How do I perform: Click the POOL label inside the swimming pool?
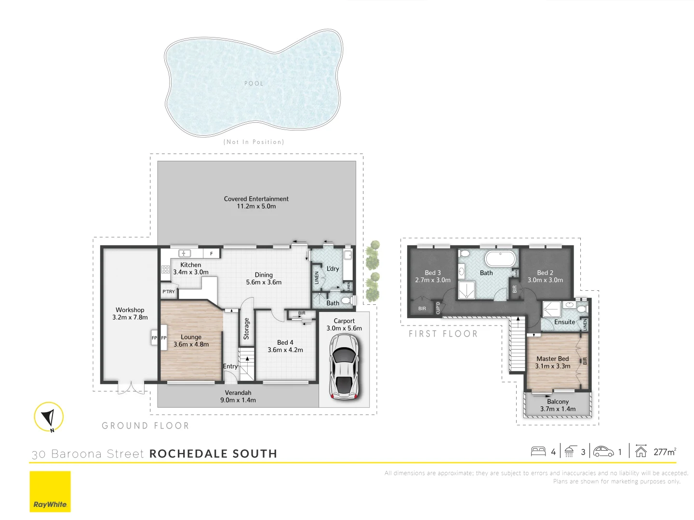tap(254, 84)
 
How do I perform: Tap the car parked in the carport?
tap(344, 366)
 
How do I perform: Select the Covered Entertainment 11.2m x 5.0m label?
tap(256, 203)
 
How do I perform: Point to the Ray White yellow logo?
tap(50, 492)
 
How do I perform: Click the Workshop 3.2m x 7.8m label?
tap(130, 314)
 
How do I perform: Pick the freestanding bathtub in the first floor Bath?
tap(500, 259)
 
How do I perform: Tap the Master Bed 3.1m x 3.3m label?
tap(553, 363)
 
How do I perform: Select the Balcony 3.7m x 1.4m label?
tap(558, 405)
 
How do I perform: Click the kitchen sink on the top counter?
tap(185, 253)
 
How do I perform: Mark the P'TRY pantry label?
tap(169, 292)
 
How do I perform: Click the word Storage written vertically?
tap(246, 328)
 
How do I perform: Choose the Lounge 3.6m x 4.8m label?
tap(191, 341)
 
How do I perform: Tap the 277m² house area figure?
tap(665, 452)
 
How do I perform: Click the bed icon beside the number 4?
tap(538, 452)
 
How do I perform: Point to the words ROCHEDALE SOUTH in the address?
tap(213, 454)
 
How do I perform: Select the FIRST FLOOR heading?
tap(443, 334)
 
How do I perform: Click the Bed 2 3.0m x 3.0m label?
tap(545, 276)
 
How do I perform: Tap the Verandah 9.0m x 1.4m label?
tap(238, 396)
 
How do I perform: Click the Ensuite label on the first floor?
tap(564, 322)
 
